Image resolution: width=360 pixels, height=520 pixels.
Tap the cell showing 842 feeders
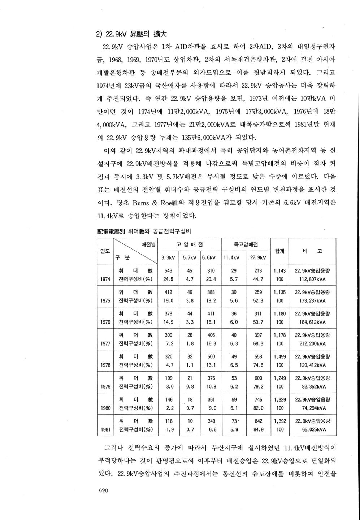258,421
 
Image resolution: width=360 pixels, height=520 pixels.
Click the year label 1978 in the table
105,365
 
